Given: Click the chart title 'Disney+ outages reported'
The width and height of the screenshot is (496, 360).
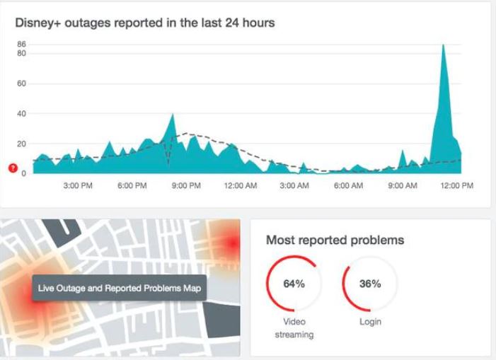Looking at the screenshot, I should click(145, 23).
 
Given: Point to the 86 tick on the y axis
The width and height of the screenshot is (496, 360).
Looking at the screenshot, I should click(21, 45).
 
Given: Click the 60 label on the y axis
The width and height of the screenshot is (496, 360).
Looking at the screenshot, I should click(21, 83).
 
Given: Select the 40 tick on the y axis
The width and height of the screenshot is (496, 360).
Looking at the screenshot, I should click(21, 113).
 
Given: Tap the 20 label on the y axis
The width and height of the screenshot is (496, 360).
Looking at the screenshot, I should click(21, 144).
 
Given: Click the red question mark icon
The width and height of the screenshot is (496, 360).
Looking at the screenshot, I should click(12, 168).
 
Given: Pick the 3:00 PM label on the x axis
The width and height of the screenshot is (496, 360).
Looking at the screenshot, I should click(78, 185).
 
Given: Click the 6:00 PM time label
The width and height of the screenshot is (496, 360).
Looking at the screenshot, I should click(132, 185).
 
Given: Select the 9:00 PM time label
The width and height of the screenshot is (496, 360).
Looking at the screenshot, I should click(185, 185).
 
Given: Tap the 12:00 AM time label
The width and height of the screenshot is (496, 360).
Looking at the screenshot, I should click(240, 185).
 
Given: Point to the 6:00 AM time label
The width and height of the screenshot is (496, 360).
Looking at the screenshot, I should click(348, 185).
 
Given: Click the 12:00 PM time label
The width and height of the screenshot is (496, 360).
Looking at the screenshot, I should click(456, 185).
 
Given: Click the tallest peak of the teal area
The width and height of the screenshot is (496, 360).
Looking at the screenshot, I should click(443, 45).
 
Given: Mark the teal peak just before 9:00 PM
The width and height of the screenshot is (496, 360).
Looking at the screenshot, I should click(173, 114).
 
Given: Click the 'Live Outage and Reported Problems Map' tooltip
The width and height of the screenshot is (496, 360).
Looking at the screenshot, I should click(120, 288).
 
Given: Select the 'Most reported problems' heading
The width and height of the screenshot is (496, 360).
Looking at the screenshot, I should click(335, 240).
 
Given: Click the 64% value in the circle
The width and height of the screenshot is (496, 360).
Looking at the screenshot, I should click(294, 284).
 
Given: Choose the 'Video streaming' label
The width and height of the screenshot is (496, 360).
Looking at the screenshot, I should click(294, 328).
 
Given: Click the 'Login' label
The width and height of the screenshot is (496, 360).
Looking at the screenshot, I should click(370, 322).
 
